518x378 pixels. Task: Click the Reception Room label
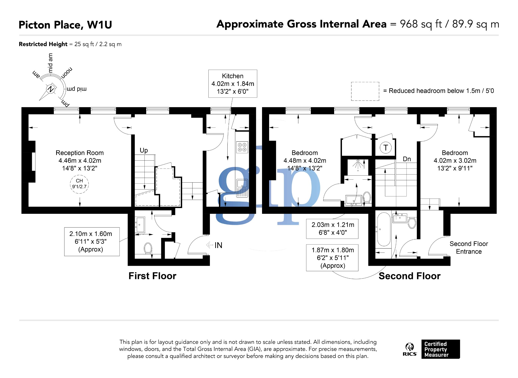(x=79, y=153)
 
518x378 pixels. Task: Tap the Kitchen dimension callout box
(x=232, y=84)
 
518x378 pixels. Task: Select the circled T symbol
(x=385, y=148)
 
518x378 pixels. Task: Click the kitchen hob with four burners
(x=242, y=147)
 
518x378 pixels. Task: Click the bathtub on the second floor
(x=384, y=229)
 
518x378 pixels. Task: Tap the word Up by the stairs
(x=144, y=150)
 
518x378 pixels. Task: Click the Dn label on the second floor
(x=407, y=159)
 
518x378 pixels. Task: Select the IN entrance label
(x=218, y=245)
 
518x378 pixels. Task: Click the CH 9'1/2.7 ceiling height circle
(x=79, y=184)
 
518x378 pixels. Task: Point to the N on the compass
(x=51, y=89)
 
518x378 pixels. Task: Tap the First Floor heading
(x=152, y=276)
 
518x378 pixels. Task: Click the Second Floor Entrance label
(x=468, y=248)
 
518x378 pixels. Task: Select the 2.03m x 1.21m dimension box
(x=332, y=229)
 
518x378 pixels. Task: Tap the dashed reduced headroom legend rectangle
(x=365, y=91)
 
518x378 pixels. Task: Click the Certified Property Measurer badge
(x=440, y=349)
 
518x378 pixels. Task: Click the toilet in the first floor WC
(x=148, y=248)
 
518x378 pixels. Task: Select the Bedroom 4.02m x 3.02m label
(x=455, y=160)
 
